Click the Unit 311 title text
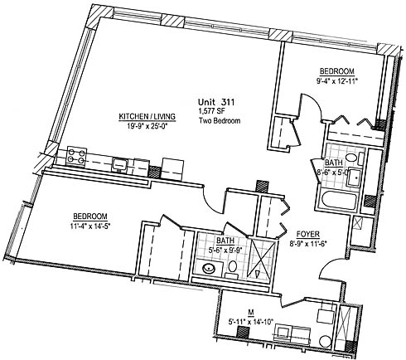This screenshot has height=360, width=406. point(216,102)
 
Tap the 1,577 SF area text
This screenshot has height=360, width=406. point(211,112)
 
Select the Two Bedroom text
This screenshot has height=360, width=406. point(220,121)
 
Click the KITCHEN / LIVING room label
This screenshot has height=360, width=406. point(147,117)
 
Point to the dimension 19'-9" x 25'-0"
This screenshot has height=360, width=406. point(147,127)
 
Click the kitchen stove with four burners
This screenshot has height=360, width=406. point(76,157)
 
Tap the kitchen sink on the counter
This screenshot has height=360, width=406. point(119,165)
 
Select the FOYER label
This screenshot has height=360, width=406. point(308,235)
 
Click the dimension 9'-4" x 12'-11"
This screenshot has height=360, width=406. point(336,81)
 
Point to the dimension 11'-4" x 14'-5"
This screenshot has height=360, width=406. point(90,226)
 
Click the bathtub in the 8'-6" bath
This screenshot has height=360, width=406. point(339,201)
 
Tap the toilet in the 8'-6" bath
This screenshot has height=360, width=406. point(354,158)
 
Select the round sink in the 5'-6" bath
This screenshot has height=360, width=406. point(210,269)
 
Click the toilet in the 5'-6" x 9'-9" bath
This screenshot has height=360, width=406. point(232,269)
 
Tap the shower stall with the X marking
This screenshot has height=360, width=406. point(261,259)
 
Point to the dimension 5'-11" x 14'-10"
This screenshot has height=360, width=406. point(251,322)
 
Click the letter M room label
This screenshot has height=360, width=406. point(251,313)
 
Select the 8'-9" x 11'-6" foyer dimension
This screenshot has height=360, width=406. point(308,244)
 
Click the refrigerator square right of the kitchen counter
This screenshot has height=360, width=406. point(172,169)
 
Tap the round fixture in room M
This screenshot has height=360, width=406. point(326,341)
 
